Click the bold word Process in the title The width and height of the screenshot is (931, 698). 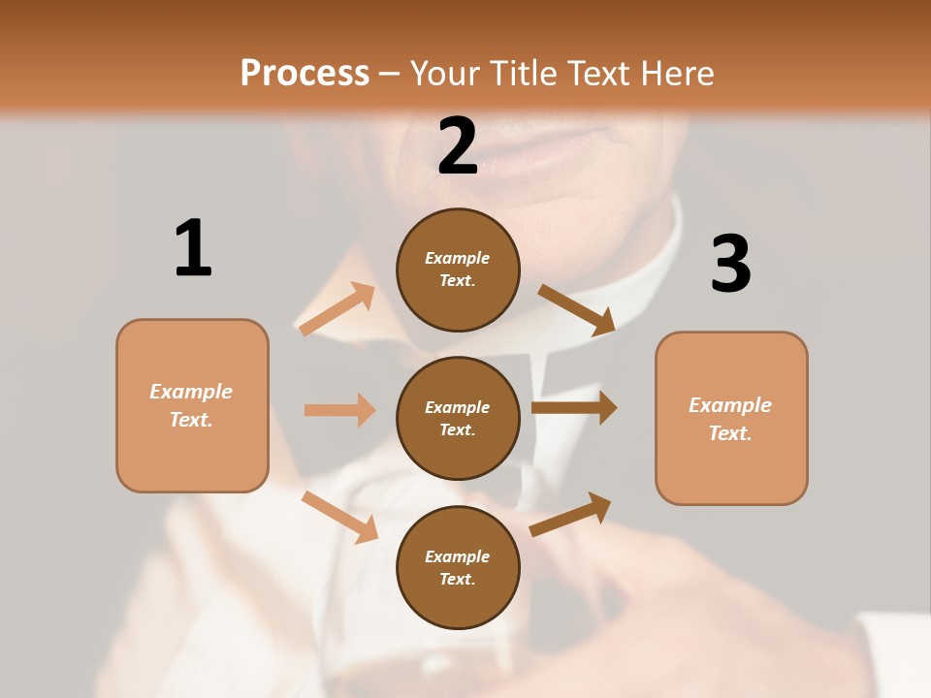click(305, 73)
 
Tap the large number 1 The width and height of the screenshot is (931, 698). click(193, 248)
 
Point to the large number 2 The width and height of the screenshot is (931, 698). click(458, 146)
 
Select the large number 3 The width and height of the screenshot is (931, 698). click(730, 264)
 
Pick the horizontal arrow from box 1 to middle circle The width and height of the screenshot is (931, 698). click(339, 410)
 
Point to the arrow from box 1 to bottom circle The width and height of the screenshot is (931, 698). click(339, 517)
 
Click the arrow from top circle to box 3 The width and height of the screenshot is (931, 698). click(576, 309)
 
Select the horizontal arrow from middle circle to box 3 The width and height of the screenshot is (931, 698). click(574, 408)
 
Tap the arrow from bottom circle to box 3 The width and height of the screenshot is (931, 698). click(570, 515)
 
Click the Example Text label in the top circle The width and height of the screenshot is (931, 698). click(458, 270)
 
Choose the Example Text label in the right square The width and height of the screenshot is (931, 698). click(730, 419)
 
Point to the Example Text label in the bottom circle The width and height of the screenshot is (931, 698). click(458, 568)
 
